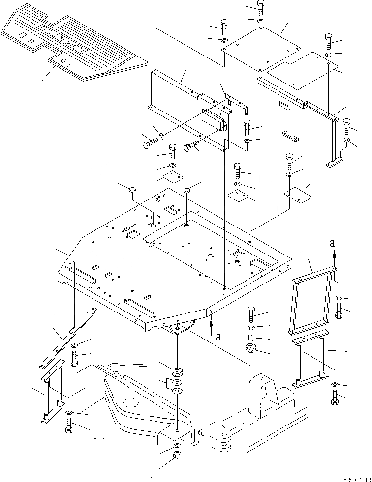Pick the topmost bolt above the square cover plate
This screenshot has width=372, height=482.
tap(260, 7)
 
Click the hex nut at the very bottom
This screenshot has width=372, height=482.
tap(177, 455)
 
